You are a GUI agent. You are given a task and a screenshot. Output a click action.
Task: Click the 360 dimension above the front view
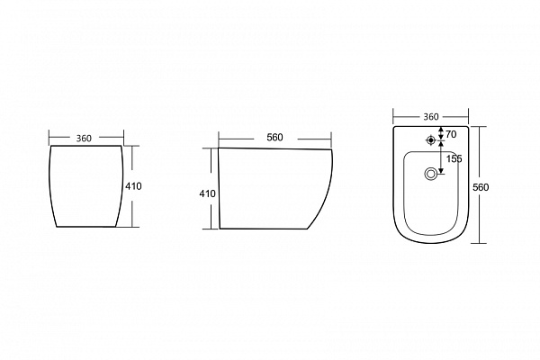(84, 138)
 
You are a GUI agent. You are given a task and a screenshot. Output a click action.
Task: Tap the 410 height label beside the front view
(133, 186)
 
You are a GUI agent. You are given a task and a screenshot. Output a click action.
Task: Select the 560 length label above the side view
(274, 138)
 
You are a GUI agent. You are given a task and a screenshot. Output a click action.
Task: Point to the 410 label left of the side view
(207, 194)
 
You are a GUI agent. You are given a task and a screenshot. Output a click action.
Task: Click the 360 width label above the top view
(431, 117)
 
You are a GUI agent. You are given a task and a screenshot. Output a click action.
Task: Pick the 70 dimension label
(451, 134)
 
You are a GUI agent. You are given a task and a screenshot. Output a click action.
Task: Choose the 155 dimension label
(454, 158)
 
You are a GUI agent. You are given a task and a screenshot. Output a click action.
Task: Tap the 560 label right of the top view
(481, 187)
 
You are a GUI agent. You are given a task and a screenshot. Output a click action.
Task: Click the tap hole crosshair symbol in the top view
(430, 140)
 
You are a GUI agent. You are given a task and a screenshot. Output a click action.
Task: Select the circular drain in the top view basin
(430, 174)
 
